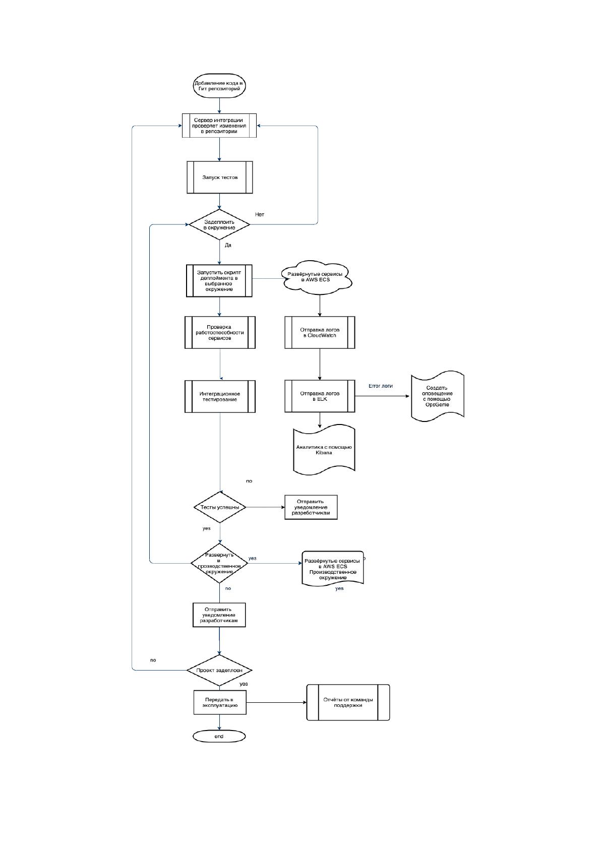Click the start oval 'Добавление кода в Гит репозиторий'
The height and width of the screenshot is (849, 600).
coord(219,86)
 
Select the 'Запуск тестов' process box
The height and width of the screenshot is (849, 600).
coord(219,177)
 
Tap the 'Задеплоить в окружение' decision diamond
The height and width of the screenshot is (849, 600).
coord(219,224)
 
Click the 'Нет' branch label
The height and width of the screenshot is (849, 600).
coord(260,214)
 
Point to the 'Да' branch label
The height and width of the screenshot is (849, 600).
coord(228,245)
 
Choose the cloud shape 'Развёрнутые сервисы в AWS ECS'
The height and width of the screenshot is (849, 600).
coord(317,277)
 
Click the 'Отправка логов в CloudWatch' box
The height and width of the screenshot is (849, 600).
coord(320,332)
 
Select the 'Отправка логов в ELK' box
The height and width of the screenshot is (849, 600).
coord(320,396)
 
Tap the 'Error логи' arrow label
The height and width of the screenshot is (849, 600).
coord(381,386)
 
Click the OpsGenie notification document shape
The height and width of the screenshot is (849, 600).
coord(438,396)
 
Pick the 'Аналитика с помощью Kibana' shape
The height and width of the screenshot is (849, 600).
coord(324,450)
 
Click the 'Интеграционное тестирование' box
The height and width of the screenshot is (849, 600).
coord(220,396)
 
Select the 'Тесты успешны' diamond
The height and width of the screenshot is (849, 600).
coord(220,507)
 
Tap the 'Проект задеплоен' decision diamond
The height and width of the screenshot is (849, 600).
coord(219,670)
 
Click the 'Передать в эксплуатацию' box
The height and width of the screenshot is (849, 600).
coord(220,702)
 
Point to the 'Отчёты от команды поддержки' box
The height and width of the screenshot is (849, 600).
coord(348,702)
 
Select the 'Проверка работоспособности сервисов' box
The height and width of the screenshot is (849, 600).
coord(220,332)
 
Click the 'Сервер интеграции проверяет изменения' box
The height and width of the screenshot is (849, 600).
coord(219,126)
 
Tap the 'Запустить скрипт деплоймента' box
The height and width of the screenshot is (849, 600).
coord(219,281)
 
